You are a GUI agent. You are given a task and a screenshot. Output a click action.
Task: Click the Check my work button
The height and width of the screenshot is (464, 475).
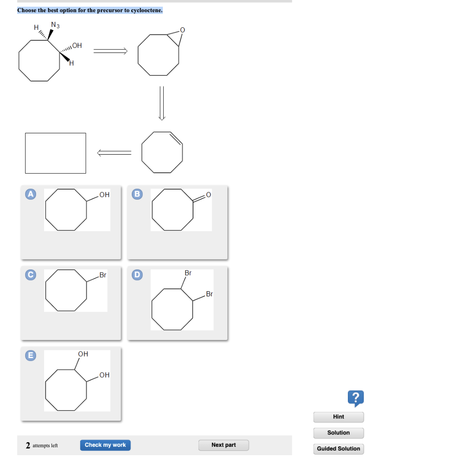point(105,445)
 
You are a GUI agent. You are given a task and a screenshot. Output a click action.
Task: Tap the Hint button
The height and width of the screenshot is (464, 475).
point(339,417)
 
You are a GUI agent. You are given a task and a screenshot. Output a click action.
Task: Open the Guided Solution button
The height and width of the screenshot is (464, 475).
point(339,449)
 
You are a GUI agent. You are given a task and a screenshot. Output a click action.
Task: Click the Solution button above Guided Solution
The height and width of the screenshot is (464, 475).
point(339,433)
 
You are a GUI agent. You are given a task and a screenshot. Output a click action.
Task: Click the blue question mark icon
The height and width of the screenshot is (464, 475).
point(355,398)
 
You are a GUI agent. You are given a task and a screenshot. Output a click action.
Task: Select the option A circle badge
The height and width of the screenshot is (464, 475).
point(31,194)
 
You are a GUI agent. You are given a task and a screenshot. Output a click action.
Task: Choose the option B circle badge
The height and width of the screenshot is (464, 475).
point(137,194)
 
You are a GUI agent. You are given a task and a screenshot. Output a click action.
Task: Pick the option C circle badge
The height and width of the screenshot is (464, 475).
point(31,275)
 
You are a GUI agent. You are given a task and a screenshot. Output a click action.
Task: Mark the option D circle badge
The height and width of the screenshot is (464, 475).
point(137,275)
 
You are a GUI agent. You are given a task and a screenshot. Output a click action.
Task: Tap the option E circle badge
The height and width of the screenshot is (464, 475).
point(31,355)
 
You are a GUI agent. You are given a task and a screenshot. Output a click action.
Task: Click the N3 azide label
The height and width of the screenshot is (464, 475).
point(56,25)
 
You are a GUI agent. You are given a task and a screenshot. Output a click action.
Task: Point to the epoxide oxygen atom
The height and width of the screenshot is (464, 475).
point(182,30)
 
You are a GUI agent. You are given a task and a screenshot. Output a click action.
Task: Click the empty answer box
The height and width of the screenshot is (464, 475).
point(56,153)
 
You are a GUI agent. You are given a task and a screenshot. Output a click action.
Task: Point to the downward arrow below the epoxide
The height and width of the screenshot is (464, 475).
point(162,103)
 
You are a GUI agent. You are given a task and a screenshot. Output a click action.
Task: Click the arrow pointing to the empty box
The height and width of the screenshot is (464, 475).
point(114,152)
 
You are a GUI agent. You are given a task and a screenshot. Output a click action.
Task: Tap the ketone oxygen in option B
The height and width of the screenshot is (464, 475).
point(208,194)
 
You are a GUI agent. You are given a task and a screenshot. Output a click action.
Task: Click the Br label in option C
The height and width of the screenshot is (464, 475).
point(103,275)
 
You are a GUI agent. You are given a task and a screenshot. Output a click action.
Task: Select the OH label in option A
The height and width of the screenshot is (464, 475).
point(104,195)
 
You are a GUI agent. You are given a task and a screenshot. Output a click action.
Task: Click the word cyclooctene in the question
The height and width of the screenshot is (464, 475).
point(147,10)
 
